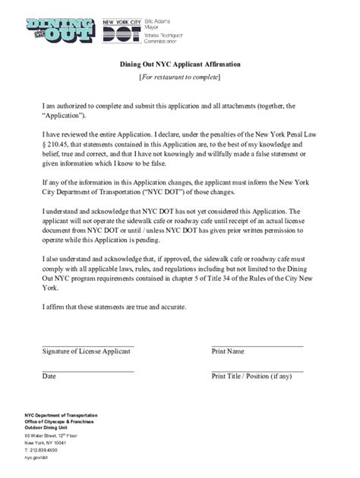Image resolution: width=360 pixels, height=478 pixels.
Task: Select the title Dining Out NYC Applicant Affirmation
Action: [179, 65]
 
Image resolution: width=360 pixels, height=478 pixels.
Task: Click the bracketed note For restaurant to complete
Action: [179, 78]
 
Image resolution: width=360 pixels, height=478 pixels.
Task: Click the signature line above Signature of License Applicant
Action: [88, 345]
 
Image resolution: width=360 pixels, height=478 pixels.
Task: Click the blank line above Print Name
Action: [257, 345]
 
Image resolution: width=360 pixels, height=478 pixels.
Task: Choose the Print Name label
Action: [228, 352]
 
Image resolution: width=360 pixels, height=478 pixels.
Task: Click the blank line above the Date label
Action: [88, 370]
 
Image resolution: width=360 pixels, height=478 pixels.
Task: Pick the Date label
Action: [49, 376]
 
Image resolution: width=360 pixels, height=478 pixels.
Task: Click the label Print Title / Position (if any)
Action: [251, 376]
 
